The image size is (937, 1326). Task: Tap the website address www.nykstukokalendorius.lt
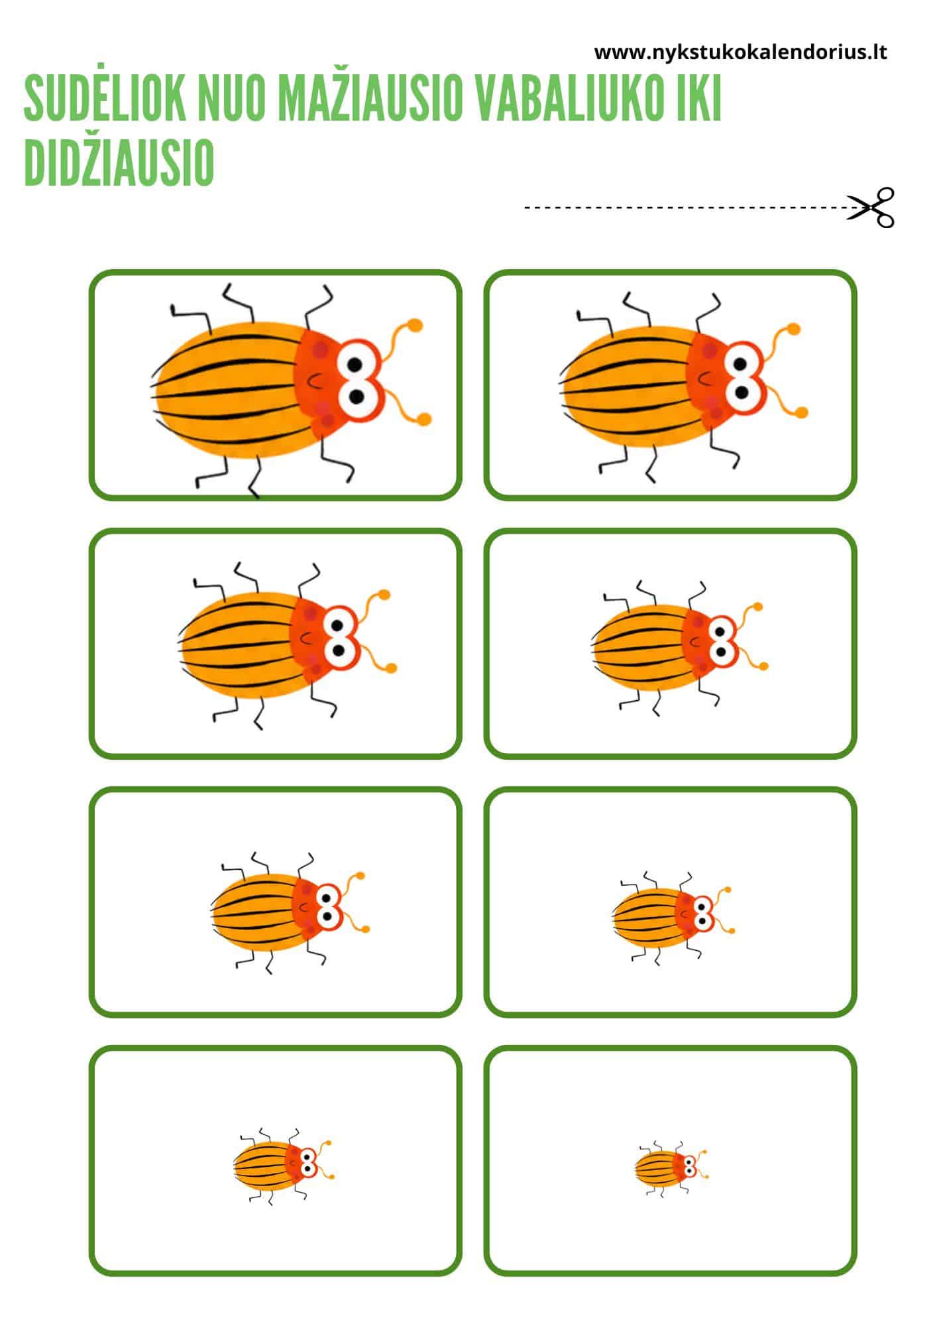[x=740, y=52]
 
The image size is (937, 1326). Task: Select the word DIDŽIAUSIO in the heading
[x=119, y=163]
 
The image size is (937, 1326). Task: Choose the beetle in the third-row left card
[x=290, y=912]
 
